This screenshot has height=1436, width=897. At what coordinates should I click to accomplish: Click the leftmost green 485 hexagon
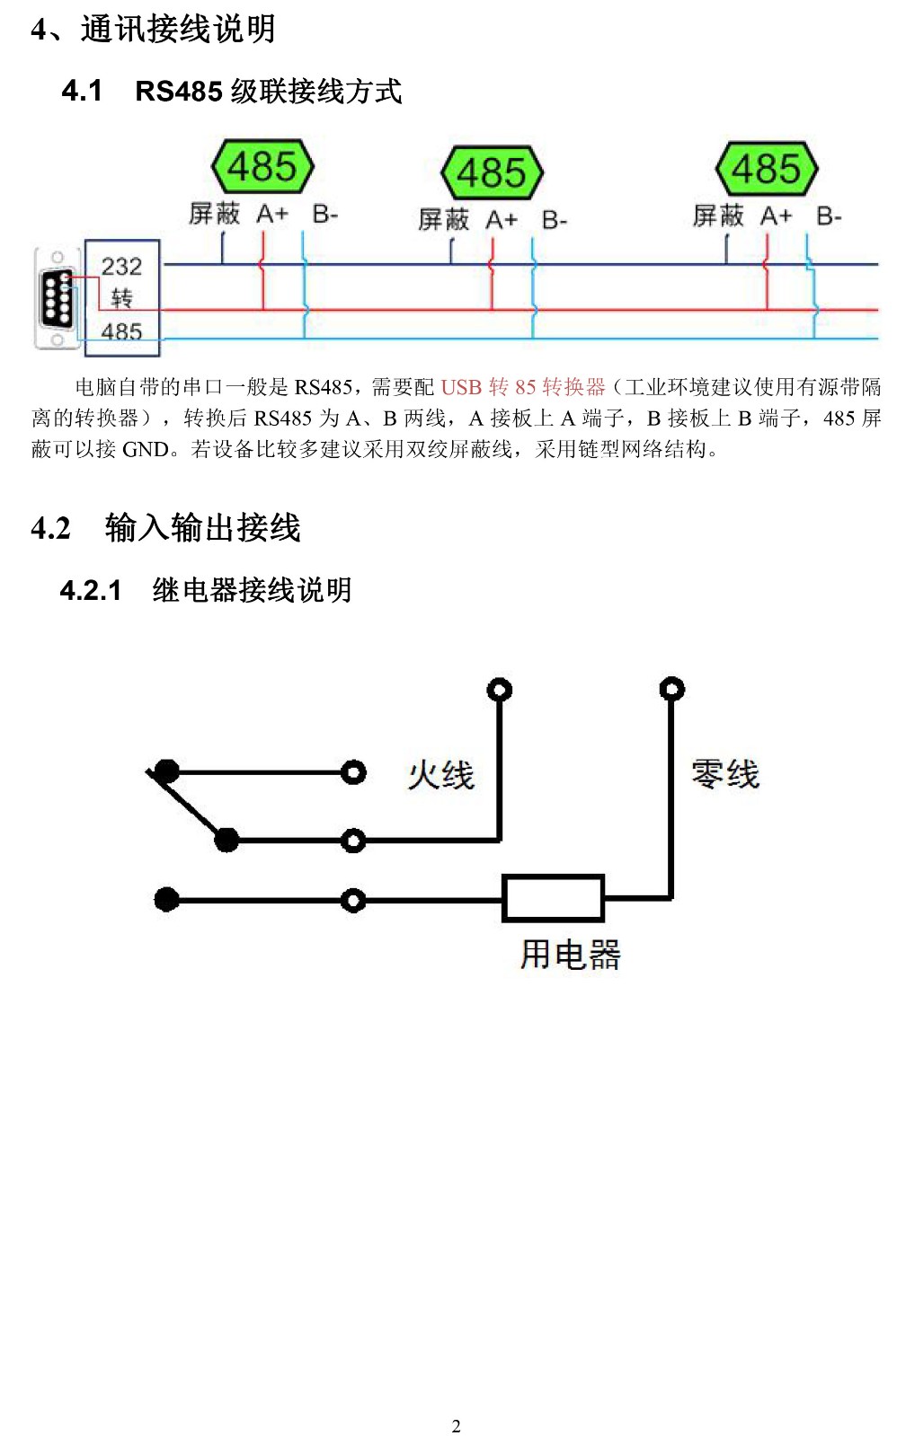(x=262, y=166)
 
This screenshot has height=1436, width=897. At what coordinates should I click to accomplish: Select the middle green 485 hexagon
(x=493, y=172)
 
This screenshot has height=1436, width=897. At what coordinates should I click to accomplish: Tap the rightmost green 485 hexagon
(x=767, y=169)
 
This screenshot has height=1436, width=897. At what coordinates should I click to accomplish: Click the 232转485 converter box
(x=122, y=297)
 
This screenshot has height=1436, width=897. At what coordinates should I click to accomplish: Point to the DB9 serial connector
(x=57, y=299)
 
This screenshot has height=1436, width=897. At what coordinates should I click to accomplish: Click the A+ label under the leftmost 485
(x=272, y=214)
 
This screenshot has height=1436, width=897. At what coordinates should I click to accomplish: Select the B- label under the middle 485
(x=555, y=221)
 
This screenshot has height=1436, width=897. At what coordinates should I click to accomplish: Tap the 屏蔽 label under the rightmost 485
(x=718, y=216)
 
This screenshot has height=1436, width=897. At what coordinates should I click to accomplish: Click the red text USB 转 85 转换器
(x=523, y=386)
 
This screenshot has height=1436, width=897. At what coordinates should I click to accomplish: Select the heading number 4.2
(x=50, y=528)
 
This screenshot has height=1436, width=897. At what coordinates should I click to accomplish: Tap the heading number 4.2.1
(x=91, y=590)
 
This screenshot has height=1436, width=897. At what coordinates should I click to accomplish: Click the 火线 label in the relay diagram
(x=441, y=775)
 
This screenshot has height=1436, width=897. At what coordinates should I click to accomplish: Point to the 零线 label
(x=725, y=773)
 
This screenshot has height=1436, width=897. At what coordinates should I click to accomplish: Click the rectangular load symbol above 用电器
(x=553, y=898)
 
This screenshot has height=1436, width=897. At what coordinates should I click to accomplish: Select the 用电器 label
(x=571, y=955)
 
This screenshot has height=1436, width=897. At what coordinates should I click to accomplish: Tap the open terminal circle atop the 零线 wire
(x=671, y=689)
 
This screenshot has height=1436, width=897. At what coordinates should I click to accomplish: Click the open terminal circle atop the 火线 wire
(x=500, y=690)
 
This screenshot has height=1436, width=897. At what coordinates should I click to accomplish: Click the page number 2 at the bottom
(x=457, y=1426)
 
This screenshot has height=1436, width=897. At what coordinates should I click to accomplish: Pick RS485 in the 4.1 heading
(x=179, y=91)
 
